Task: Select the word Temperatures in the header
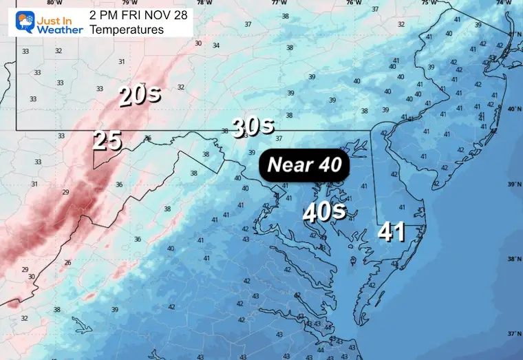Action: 125,30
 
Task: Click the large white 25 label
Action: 107,141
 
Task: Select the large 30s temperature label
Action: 253,126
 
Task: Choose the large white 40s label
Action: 325,211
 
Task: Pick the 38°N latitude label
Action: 513,260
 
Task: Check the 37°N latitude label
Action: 513,333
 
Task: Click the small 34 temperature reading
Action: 217,45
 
